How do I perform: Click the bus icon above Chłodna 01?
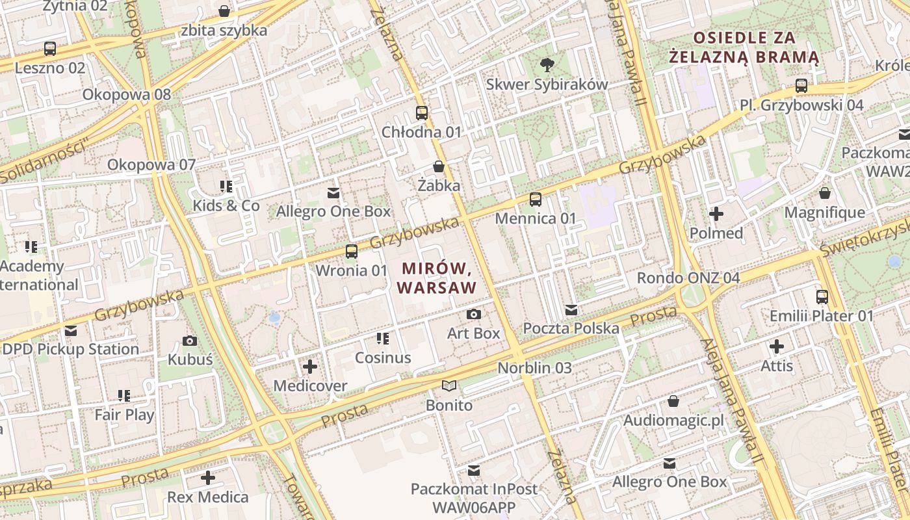[422, 113]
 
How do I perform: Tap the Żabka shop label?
[439, 185]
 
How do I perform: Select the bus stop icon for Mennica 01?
[536, 200]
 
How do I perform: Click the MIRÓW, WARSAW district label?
[437, 278]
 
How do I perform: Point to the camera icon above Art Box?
[474, 315]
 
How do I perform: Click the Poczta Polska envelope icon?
[571, 310]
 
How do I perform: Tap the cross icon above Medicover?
[310, 367]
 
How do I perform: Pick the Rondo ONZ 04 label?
[688, 278]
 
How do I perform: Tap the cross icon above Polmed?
[716, 214]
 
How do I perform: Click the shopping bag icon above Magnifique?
[825, 194]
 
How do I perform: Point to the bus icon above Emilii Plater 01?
[822, 297]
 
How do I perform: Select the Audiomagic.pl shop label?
[673, 421]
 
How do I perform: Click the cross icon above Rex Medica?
[208, 478]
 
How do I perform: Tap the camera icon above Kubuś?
[190, 341]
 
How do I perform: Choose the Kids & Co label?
[226, 206]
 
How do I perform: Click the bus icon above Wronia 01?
[352, 251]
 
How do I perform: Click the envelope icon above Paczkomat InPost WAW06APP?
[474, 470]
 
